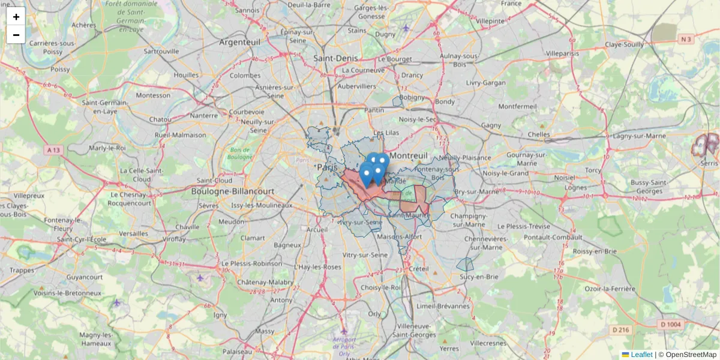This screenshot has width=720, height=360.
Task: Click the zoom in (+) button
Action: (16, 17)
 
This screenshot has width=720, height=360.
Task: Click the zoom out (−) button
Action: (16, 35)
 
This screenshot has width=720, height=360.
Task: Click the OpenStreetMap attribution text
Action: (691, 355)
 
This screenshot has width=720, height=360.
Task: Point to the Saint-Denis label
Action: (335, 58)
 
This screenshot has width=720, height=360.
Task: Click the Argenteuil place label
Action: (240, 42)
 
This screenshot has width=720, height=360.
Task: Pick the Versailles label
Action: (134, 233)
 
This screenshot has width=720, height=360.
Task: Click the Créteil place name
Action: (418, 269)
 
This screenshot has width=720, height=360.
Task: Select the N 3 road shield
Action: (686, 40)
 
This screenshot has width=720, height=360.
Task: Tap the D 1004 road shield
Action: (670, 325)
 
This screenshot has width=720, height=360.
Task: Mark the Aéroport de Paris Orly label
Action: (344, 346)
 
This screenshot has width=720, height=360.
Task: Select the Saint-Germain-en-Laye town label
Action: (104, 107)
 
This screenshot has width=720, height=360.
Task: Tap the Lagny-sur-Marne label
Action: (640, 136)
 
